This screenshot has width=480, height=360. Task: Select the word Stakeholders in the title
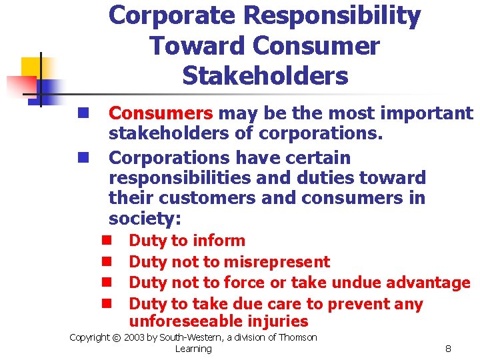pyautogui.click(x=265, y=76)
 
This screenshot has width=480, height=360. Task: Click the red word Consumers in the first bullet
pyautogui.click(x=161, y=114)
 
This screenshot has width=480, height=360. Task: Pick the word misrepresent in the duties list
pyautogui.click(x=277, y=262)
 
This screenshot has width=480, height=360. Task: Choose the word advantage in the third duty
pyautogui.click(x=427, y=283)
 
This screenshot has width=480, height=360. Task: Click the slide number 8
pyautogui.click(x=448, y=349)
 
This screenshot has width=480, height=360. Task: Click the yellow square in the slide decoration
pyautogui.click(x=31, y=67)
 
